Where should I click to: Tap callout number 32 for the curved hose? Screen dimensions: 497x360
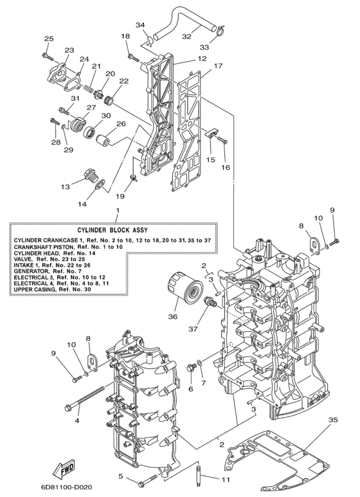point(186,37)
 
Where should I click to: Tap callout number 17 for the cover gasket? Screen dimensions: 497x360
point(219,66)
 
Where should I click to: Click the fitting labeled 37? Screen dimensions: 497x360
point(209,303)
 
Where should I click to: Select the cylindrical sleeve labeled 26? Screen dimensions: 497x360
point(110,137)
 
